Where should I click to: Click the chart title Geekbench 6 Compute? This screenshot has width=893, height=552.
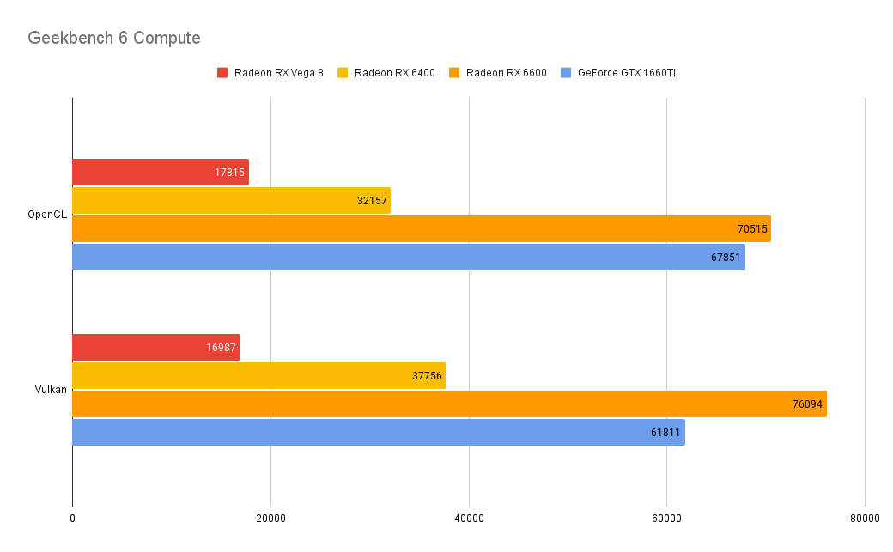coord(114,38)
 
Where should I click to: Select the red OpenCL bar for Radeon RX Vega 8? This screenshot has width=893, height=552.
coord(160,172)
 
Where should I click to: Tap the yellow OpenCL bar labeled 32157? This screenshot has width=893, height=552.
coord(231,200)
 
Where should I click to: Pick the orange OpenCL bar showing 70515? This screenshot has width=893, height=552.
coord(421,228)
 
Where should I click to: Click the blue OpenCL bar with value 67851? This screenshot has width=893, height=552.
coord(408,257)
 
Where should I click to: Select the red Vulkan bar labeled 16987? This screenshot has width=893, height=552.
coord(155,347)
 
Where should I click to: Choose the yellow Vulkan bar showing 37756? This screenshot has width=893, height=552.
coord(258,375)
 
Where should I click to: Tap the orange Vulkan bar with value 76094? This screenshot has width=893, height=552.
coord(448,403)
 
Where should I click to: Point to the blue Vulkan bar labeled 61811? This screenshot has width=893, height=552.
coord(378,432)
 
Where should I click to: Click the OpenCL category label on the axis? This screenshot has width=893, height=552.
coord(47,215)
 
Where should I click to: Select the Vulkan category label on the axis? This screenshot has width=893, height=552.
coord(51,390)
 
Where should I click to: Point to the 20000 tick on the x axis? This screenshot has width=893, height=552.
coord(270,519)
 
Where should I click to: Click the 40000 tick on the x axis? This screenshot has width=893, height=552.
coord(469,519)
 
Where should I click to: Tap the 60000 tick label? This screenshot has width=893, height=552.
coord(666,519)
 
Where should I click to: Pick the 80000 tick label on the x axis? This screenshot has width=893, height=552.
coord(865,519)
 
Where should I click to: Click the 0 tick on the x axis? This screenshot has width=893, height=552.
coord(72,519)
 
